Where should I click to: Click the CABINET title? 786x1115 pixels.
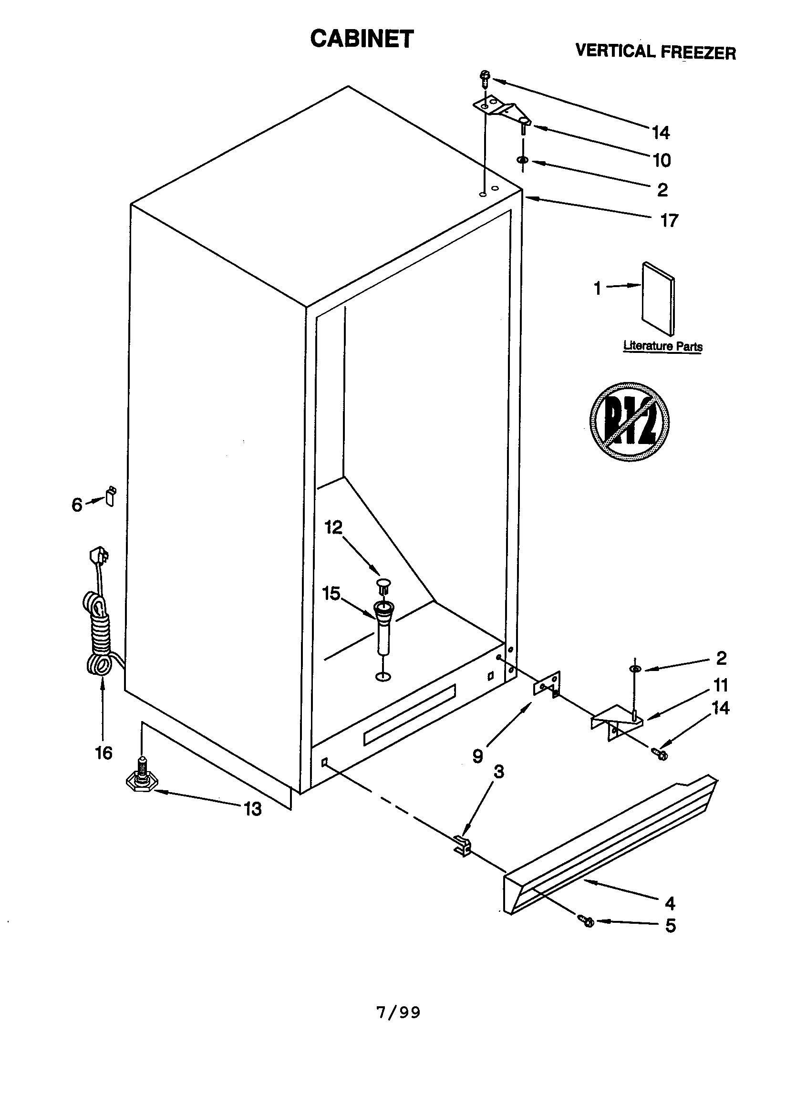362,39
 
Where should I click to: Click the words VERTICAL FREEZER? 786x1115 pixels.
655,51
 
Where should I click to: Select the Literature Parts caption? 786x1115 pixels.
662,346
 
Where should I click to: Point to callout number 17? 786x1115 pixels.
669,220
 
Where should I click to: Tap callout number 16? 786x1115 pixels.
103,753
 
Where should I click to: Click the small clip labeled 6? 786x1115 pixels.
111,497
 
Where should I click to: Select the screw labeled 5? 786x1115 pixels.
587,919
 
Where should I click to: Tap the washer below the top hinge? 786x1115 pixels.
523,160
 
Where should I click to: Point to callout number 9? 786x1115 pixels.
478,755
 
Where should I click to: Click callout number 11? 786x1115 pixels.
721,685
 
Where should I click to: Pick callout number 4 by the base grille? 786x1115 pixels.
670,903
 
